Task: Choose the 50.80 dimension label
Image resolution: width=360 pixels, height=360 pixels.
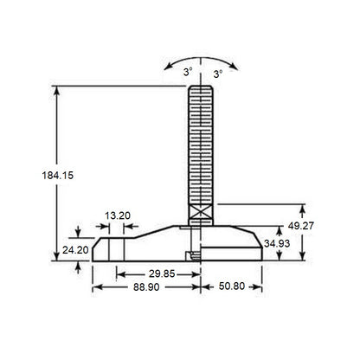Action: (x=232, y=286)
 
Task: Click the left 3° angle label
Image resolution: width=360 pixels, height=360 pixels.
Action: (x=185, y=74)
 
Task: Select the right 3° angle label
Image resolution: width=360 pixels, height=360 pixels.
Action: (x=217, y=74)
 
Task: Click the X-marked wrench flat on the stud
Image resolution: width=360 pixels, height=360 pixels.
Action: (x=201, y=211)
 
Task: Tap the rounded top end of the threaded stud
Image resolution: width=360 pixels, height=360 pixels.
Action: (x=201, y=86)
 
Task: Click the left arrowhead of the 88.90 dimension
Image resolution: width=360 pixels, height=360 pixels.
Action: (x=94, y=286)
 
